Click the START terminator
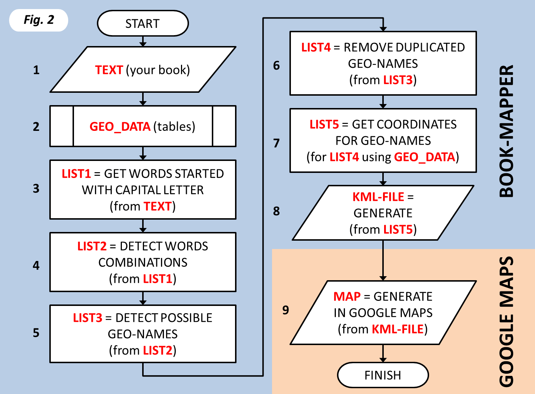143,24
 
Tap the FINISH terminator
383,375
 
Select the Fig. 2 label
39,20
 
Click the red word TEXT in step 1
109,70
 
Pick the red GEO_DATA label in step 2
120,127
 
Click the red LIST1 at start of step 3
76,174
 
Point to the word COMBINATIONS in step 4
143,262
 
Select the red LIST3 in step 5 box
87,318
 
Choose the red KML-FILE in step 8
378,197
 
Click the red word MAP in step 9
347,296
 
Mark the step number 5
36,333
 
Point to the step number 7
276,143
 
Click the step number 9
286,310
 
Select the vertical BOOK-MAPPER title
507,131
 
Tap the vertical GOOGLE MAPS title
507,322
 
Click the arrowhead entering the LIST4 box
383,29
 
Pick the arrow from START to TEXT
143,41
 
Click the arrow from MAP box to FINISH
383,353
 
